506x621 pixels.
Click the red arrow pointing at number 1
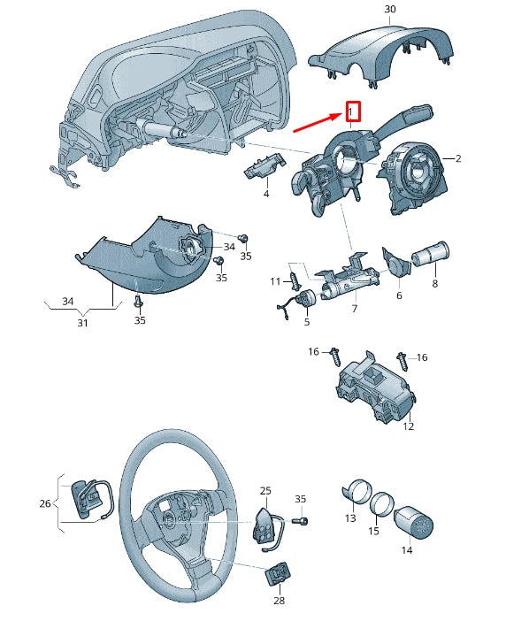pos(318,122)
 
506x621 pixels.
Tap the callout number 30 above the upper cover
pos(390,9)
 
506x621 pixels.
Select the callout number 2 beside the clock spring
pos(458,158)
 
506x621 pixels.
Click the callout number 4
pos(266,194)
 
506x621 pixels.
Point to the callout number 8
pos(435,284)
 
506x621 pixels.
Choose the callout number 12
pos(408,426)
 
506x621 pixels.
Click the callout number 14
pos(407,549)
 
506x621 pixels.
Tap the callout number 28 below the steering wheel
pos(280,601)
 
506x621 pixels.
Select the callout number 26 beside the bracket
pos(45,503)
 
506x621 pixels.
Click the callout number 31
pos(82,323)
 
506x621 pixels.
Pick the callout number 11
pos(275,281)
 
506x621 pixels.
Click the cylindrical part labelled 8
pos(431,255)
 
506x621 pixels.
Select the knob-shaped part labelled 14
pos(414,522)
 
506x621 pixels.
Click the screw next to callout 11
pos(295,280)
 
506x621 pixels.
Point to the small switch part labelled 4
pos(264,166)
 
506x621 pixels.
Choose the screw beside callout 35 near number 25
pos(301,521)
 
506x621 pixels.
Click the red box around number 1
pos(353,111)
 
